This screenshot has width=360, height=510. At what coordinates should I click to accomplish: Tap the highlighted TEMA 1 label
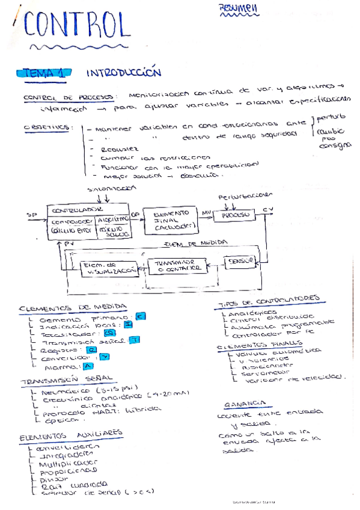click(x=44, y=73)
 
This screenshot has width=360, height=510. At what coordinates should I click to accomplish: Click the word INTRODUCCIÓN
click(x=124, y=73)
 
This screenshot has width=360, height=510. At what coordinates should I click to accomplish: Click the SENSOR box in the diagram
click(x=239, y=262)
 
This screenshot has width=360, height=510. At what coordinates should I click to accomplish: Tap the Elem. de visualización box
click(x=101, y=268)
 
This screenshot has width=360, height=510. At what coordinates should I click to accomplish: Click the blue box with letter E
click(x=140, y=316)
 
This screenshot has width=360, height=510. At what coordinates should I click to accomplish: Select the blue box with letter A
click(x=88, y=366)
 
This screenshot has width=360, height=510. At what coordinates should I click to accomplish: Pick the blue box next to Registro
click(x=92, y=349)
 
